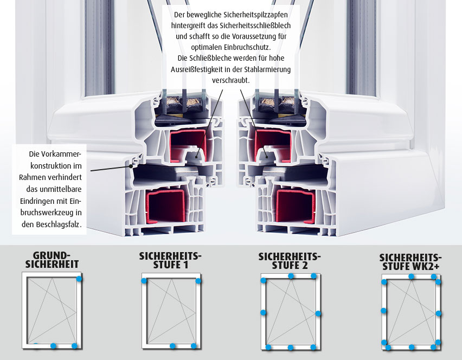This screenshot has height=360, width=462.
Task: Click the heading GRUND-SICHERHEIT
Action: click(52, 260)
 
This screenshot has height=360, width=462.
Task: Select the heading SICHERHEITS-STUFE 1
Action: click(170, 260)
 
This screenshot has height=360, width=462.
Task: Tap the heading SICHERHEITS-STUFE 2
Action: click(290, 261)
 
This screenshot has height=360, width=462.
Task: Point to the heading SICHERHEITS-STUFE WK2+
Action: click(410, 262)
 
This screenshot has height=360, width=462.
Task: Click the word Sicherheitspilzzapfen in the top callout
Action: click(255, 15)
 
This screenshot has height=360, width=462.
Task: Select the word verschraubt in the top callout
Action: click(230, 80)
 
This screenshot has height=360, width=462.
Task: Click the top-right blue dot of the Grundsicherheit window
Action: click(79, 278)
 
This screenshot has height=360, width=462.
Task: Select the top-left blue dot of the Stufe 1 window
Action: click(144, 281)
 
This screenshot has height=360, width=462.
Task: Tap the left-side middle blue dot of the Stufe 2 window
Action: click(263, 313)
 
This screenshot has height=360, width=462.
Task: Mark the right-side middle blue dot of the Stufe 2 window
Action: click(318, 313)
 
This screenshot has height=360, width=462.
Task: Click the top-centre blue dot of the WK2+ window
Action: click(412, 277)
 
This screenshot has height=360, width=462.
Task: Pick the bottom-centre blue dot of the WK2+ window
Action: click(412, 348)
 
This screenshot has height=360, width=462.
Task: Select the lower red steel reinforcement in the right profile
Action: click(295, 206)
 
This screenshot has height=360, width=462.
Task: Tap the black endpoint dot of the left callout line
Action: click(131, 166)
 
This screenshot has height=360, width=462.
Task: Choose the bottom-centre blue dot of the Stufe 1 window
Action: click(172, 346)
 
